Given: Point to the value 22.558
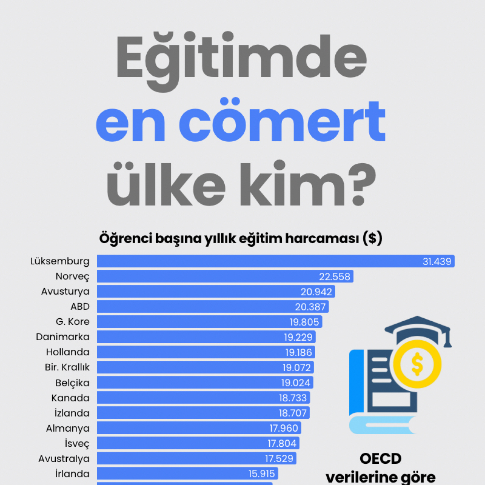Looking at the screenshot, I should (335, 277).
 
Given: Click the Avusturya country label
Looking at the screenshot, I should (65, 291).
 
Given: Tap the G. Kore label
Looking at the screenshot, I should (72, 322).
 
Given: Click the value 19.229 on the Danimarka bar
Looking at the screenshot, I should (298, 337).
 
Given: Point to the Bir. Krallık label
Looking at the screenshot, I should (67, 367).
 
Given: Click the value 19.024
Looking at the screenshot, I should (296, 383).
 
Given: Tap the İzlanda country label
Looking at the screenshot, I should (72, 413).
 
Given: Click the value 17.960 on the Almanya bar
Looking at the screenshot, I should (284, 428).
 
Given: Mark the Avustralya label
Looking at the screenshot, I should (64, 458).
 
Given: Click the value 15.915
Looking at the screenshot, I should (261, 474).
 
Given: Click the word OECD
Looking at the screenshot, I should (380, 458).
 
